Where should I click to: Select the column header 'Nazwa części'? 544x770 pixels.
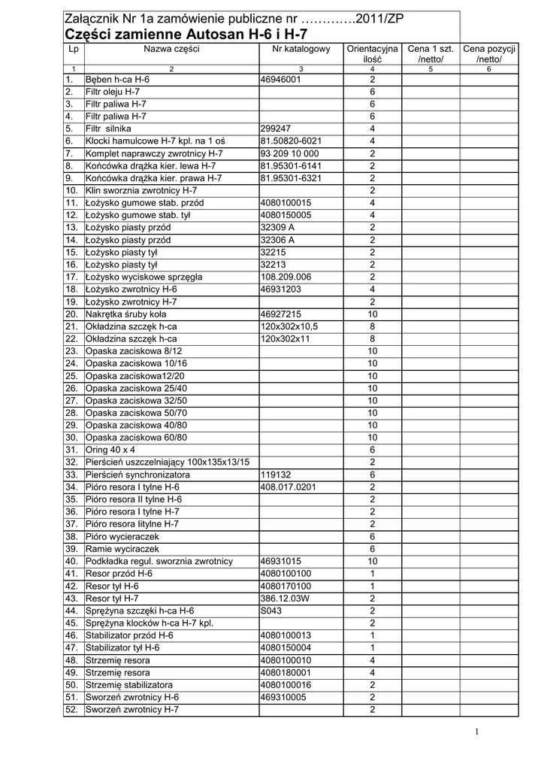pos(171,49)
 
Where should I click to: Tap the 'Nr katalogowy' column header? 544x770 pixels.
pos(301,49)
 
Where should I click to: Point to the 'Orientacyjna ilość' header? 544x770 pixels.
pos(372,54)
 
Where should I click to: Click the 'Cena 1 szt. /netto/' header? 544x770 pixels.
pos(431,54)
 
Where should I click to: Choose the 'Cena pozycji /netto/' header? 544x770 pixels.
pos(488,54)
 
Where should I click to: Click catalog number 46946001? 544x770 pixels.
pos(280,80)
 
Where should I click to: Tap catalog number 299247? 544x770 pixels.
pos(275,129)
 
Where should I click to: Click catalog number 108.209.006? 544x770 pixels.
pos(285,277)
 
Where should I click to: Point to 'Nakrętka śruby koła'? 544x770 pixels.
pos(126,314)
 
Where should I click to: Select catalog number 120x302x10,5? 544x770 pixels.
pos(289,326)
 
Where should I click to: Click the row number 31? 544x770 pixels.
pos(72,450)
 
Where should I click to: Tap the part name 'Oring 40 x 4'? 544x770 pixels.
pos(110,450)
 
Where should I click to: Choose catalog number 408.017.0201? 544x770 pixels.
pos(288,487)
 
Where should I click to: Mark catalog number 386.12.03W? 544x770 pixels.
pos(285,598)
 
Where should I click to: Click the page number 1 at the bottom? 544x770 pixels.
pos(476,732)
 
